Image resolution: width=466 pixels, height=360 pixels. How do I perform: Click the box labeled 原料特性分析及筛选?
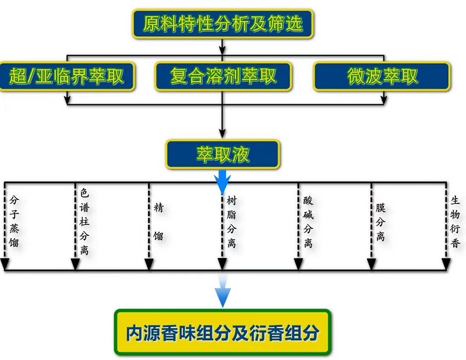223,24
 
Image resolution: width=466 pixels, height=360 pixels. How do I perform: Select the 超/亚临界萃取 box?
68,76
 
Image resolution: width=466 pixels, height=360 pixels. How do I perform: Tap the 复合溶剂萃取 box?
223,76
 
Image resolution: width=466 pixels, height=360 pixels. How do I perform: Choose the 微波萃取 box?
382,76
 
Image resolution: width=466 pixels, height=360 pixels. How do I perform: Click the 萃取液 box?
223,154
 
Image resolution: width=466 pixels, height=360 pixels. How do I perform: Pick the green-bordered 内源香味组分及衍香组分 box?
223,332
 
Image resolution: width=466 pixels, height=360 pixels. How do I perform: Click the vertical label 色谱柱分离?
84,221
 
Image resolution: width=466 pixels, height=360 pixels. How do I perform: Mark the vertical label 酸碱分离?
308,221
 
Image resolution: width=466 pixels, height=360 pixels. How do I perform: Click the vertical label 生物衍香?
455,221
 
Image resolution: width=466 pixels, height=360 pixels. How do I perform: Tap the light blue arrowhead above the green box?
223,297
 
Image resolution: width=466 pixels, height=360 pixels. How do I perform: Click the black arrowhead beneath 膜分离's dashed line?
371,265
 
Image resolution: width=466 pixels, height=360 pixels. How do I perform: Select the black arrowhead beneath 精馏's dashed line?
149,265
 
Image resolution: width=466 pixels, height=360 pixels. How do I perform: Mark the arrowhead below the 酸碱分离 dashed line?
298,265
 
